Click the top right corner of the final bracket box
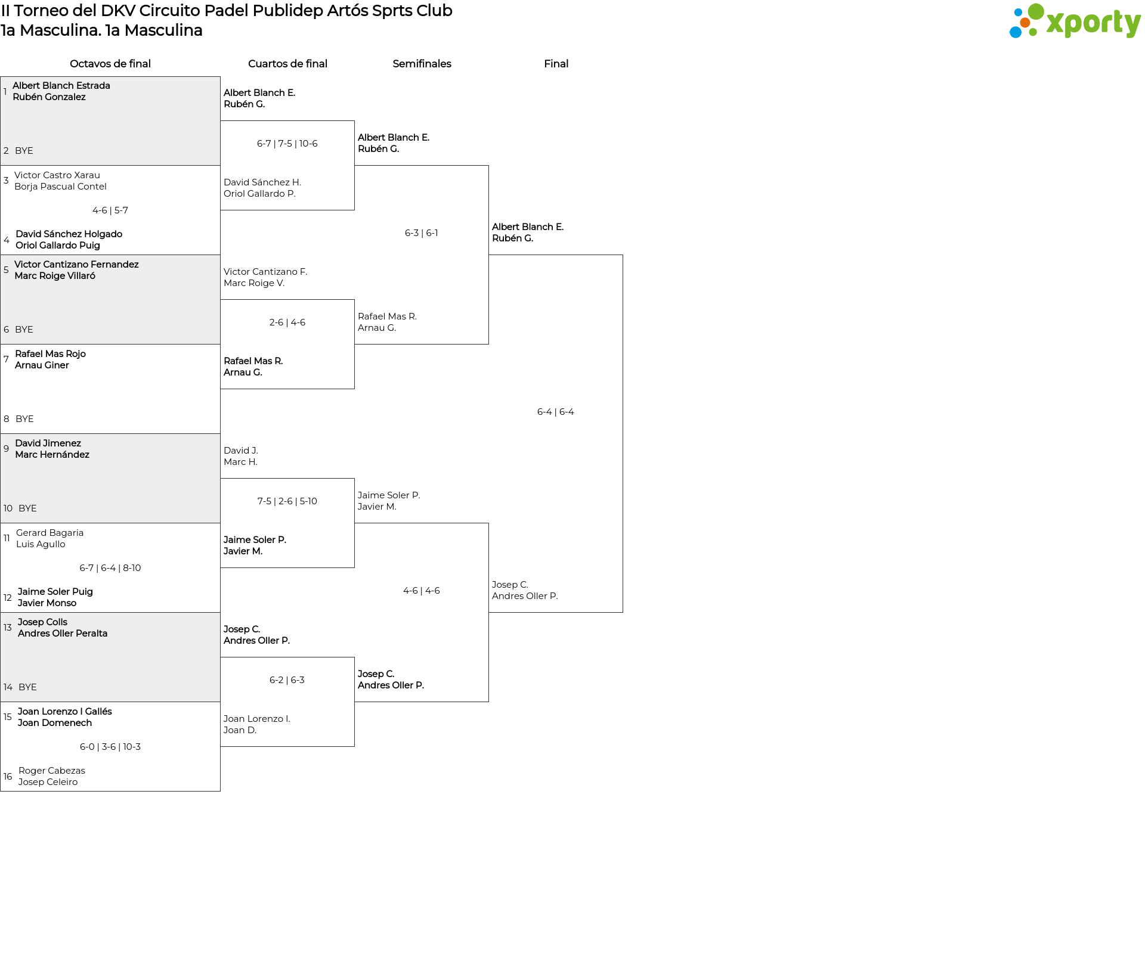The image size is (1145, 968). click(x=623, y=255)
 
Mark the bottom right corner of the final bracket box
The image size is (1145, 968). click(x=623, y=612)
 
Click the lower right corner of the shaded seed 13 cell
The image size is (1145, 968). click(x=220, y=702)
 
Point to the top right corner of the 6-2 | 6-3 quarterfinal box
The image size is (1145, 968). click(x=354, y=657)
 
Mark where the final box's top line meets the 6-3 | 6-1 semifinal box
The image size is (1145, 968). click(x=488, y=255)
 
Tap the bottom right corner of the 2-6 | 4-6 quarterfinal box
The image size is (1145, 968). click(x=354, y=389)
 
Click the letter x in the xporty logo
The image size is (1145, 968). click(x=1055, y=23)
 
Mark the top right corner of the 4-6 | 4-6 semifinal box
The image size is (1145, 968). click(x=488, y=523)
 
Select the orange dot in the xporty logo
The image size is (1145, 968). click(x=1025, y=23)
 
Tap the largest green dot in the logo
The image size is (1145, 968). click(x=1036, y=11)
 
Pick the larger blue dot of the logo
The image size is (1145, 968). click(x=1015, y=32)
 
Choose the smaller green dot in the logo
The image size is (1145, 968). click(x=1033, y=32)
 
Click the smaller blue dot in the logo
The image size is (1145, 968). click(x=1018, y=13)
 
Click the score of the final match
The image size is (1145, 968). click(x=556, y=412)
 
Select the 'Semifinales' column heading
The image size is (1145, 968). click(x=422, y=64)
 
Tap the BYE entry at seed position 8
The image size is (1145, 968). click(x=24, y=419)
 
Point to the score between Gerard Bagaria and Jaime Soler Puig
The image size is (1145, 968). click(x=110, y=568)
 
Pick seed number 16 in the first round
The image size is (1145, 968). click(x=8, y=777)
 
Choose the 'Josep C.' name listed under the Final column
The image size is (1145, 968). click(x=510, y=585)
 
